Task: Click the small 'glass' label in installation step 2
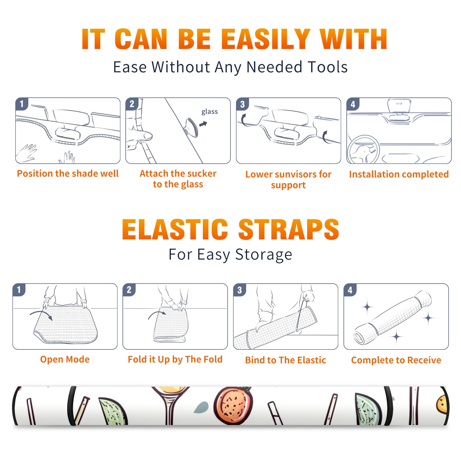pos(209,112)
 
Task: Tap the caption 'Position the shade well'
pos(68,173)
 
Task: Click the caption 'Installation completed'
pos(399,174)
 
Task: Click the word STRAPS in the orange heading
pos(289,229)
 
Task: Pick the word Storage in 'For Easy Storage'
pos(264,255)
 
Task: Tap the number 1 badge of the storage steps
pos(19,290)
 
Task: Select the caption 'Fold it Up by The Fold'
pos(175,359)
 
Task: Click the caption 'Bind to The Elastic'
pos(286,360)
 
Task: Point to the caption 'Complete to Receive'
pos(396,360)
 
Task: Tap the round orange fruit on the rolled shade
pos(233,405)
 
